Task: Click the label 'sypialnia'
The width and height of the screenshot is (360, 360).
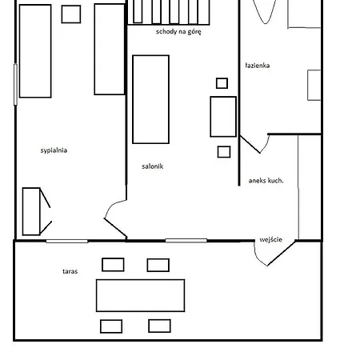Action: point(54,150)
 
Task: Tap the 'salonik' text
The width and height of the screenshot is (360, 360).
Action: point(153,166)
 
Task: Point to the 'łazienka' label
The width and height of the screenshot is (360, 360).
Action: point(258,66)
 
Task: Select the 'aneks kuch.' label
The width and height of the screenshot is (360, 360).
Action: point(266,181)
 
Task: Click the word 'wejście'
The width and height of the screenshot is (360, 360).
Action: point(270,239)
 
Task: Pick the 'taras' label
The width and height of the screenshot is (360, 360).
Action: point(70,271)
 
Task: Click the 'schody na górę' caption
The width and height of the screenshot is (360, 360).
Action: point(178,32)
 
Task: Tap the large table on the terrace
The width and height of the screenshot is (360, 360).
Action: point(140,295)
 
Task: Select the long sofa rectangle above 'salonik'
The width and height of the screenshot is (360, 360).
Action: point(151,99)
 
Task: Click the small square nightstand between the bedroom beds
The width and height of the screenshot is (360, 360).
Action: point(71,14)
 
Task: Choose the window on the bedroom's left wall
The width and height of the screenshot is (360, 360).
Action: point(15,85)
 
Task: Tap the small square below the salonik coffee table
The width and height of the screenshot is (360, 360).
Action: point(224,152)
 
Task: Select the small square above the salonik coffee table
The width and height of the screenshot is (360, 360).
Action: point(222,83)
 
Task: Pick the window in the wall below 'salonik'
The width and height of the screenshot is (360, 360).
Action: point(186,241)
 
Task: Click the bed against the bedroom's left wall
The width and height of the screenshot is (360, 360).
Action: point(35,51)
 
